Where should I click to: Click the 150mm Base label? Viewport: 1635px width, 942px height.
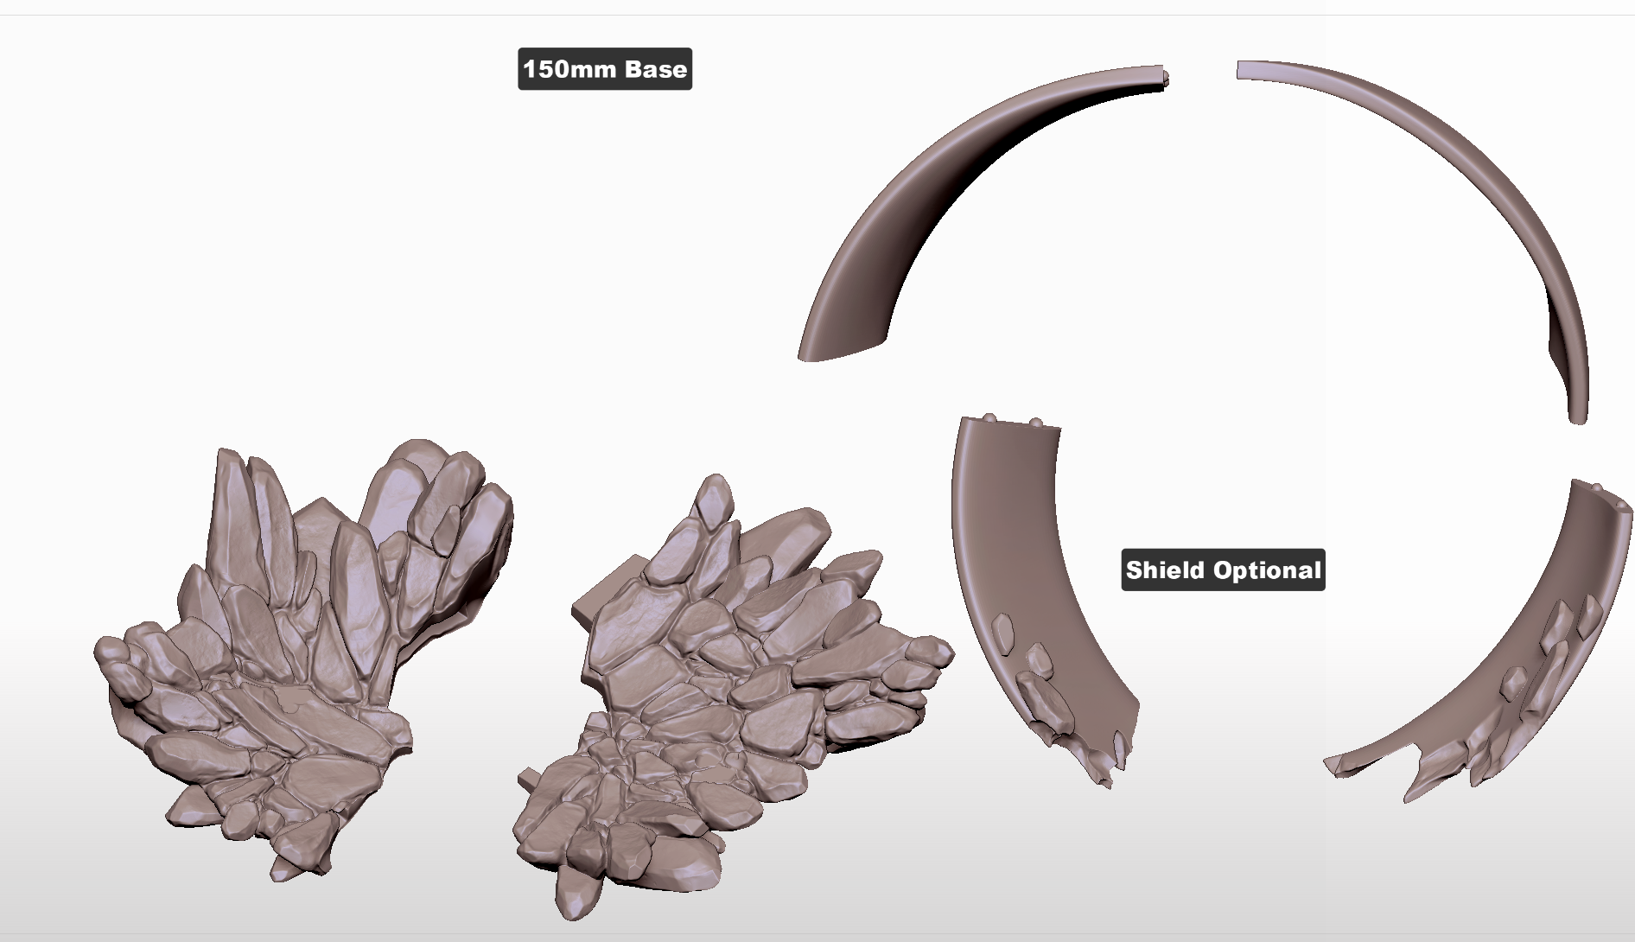point(605,69)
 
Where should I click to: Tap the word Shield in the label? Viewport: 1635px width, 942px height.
point(1166,570)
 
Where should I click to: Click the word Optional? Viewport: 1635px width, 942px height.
point(1267,570)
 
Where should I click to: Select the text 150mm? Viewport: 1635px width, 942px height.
point(569,69)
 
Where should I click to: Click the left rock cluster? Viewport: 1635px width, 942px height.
point(302,657)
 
